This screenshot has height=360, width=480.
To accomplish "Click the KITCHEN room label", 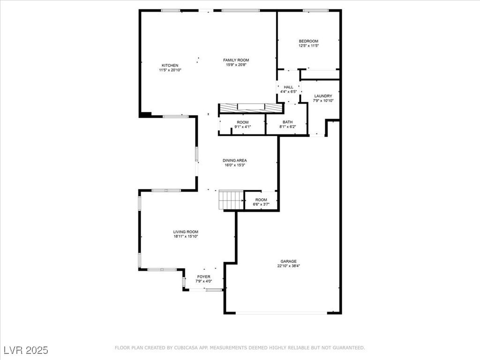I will click(170, 65).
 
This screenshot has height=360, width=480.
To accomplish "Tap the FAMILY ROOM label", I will click(236, 60).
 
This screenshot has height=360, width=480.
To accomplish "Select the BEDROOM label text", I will click(308, 41).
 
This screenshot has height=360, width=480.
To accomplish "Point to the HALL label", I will click(288, 87).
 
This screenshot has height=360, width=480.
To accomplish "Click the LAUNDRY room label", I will click(323, 96).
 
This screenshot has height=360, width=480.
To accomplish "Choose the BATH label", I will click(287, 122).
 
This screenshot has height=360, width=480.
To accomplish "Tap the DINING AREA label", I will click(234, 160).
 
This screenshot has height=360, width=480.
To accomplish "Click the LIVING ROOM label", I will click(186, 232).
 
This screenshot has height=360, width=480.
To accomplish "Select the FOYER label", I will click(203, 277).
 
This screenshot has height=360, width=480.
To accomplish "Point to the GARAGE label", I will click(288, 262).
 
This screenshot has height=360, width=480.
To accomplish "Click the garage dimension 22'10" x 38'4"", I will click(288, 266).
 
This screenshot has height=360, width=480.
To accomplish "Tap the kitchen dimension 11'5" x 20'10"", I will click(170, 70).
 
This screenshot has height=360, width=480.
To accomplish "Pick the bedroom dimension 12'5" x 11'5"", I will click(308, 46).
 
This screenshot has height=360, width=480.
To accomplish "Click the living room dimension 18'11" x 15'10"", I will click(186, 236).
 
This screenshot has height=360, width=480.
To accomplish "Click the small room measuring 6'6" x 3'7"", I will click(261, 202).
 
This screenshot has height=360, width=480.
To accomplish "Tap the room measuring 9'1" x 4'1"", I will click(242, 124).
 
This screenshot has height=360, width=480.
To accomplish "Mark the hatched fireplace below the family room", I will click(251, 108).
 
